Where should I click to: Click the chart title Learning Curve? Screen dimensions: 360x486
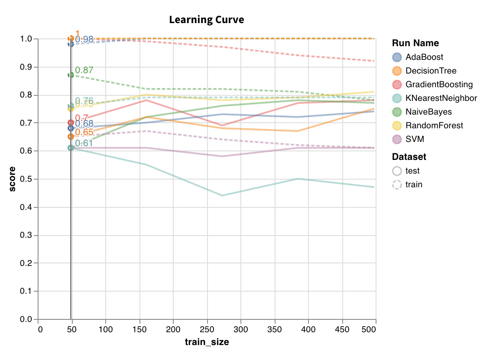pos(207,20)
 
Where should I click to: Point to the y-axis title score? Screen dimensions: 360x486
pos(13,179)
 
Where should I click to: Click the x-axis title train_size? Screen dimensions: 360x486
pos(207,342)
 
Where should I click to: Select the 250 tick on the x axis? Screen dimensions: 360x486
pos(207,330)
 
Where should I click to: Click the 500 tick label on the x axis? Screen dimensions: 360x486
pos(369,330)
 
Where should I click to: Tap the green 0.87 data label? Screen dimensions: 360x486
pos(84,70)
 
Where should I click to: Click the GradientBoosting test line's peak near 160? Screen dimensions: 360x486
pos(147,100)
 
